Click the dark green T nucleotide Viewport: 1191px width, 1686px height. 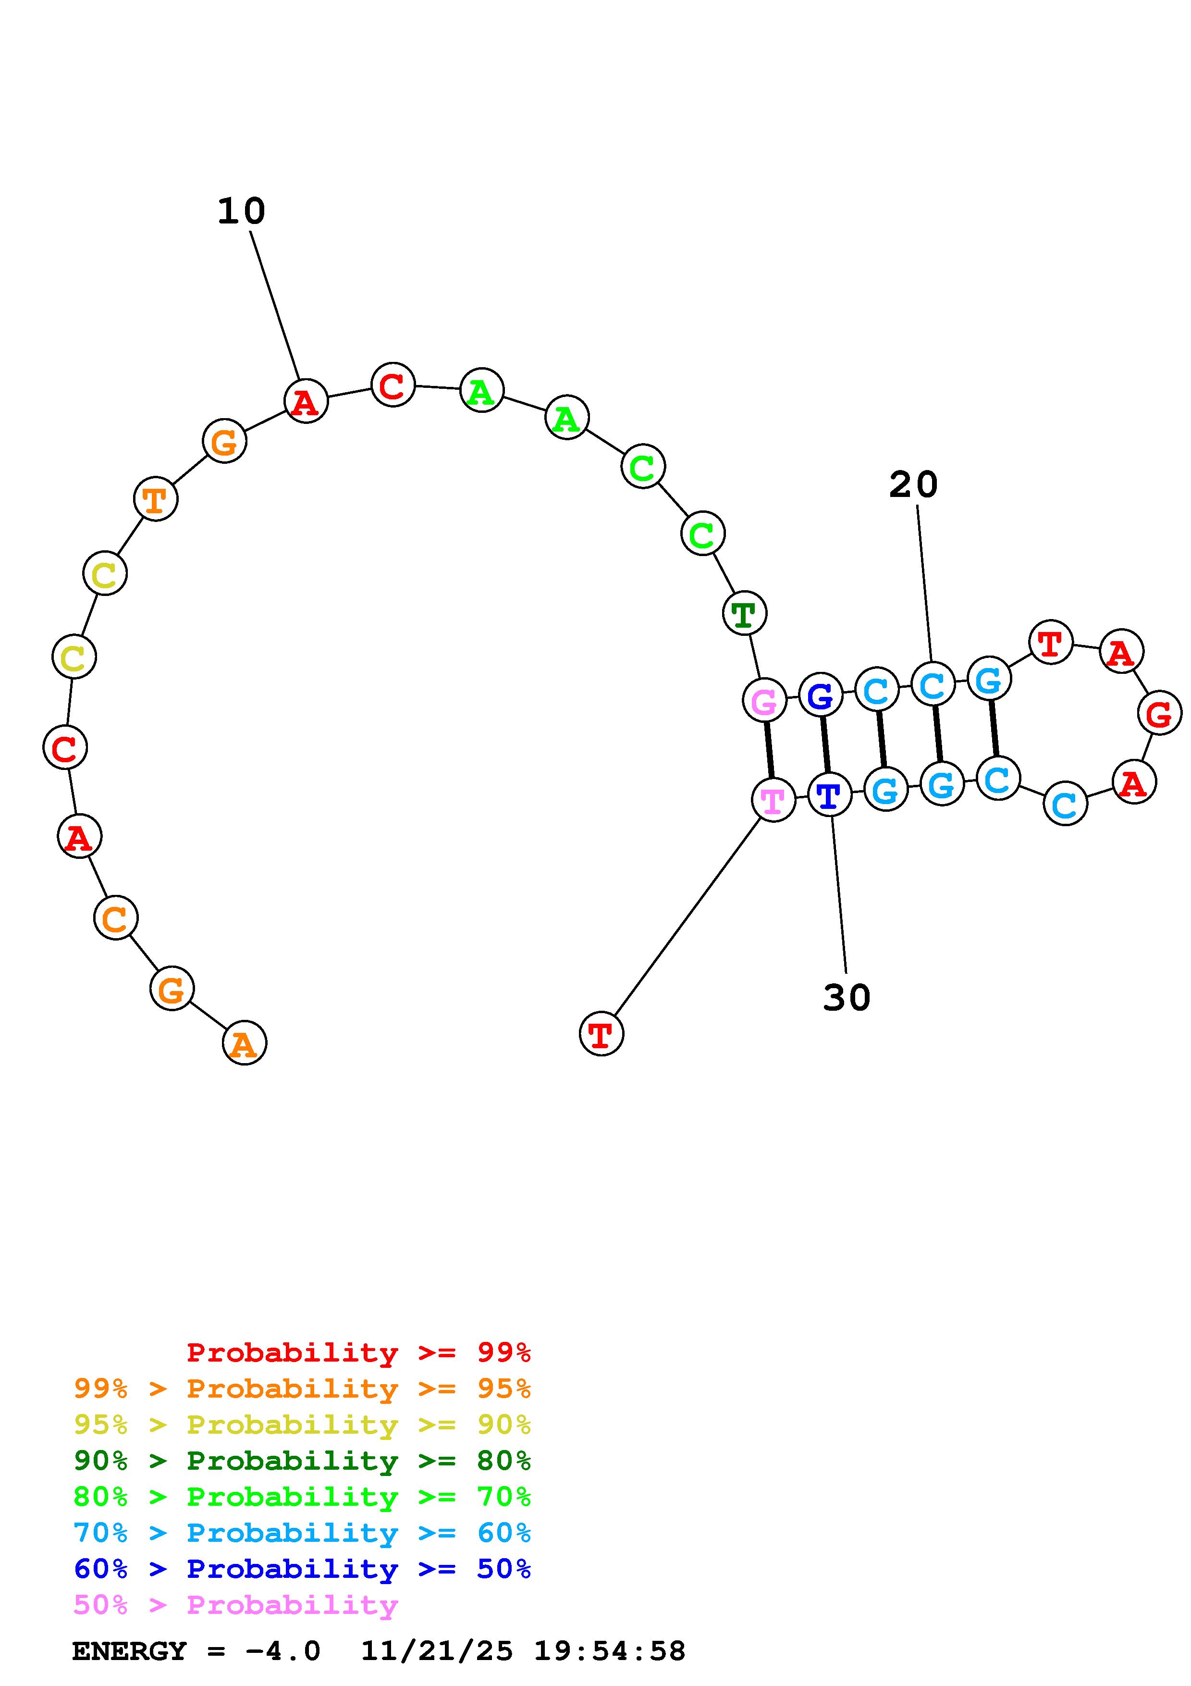(744, 613)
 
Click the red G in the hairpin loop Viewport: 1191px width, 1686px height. (1159, 713)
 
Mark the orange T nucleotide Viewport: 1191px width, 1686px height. (156, 499)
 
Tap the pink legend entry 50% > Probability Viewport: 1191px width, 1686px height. (235, 1605)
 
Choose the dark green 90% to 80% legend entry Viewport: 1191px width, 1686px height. (302, 1461)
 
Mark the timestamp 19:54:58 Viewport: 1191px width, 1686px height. (609, 1651)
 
